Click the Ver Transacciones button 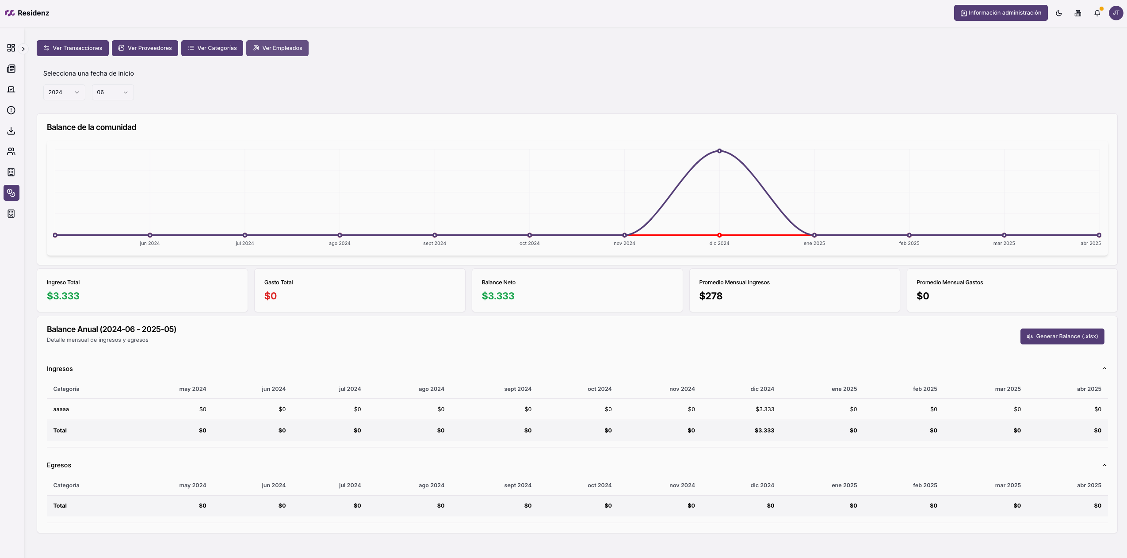[73, 48]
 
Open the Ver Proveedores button [145, 48]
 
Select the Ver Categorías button [212, 48]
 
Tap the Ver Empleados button [277, 48]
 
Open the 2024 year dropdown [64, 92]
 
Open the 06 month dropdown [112, 92]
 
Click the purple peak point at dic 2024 [719, 151]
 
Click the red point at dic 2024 [719, 235]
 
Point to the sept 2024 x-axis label [434, 243]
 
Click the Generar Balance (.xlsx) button [1062, 336]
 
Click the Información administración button [1001, 13]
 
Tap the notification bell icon [1097, 13]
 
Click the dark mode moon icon [1058, 13]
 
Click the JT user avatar [1116, 13]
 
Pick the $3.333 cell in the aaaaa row [764, 409]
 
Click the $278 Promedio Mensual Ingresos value [711, 296]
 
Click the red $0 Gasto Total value [270, 296]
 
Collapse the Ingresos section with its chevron [1104, 369]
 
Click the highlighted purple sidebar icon [11, 193]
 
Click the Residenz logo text [33, 13]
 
